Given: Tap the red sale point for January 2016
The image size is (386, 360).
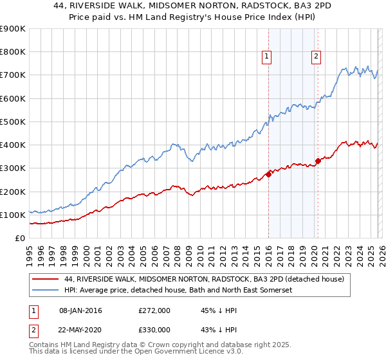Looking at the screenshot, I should [268, 174].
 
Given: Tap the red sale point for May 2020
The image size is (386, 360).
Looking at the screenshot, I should [318, 161].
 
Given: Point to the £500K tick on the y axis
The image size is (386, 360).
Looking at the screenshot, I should [13, 122].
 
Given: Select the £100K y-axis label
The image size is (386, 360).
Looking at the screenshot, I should [13, 215].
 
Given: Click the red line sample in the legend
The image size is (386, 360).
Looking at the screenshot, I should [46, 280].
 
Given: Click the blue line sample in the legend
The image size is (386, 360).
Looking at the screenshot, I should [46, 291].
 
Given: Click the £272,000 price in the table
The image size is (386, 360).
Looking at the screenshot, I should [154, 310].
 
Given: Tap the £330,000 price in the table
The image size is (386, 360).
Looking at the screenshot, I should [154, 329].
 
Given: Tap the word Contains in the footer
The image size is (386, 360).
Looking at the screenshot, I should [45, 346].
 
